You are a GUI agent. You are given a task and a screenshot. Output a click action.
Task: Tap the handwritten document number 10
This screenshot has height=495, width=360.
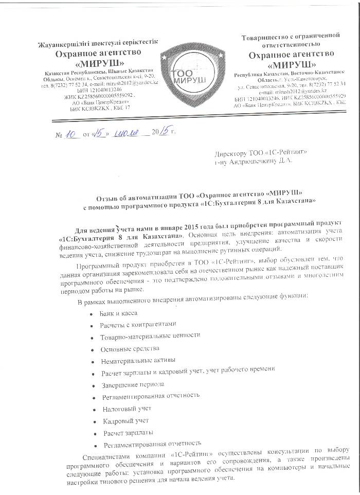pyautogui.click(x=70, y=132)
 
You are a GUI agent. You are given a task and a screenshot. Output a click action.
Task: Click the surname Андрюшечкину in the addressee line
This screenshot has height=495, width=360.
pyautogui.click(x=257, y=161)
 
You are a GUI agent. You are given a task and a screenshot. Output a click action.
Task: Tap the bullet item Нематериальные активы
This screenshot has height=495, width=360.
pyautogui.click(x=131, y=360)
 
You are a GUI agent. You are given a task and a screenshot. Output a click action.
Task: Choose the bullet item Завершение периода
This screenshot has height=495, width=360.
pyautogui.click(x=125, y=384)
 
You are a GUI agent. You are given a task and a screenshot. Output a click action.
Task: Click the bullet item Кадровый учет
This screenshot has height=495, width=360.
pyautogui.click(x=119, y=420)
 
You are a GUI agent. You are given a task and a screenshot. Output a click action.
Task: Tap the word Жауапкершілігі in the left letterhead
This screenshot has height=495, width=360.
pyautogui.click(x=62, y=42)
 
